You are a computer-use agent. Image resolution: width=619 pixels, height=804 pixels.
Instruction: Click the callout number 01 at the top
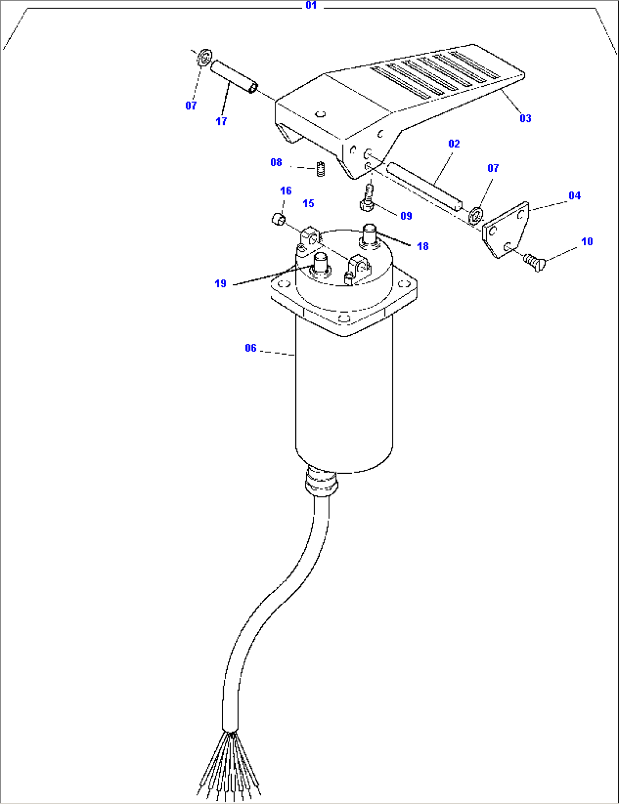coord(311,6)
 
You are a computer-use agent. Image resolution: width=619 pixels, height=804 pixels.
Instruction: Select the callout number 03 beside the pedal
coord(525,118)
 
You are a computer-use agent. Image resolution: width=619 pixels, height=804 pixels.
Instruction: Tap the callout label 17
coord(221,121)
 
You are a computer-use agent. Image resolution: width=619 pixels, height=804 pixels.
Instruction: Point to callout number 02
coord(454,144)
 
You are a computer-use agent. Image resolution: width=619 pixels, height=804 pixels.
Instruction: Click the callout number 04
coord(574,195)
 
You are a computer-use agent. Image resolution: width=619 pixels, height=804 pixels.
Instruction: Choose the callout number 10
coord(587,241)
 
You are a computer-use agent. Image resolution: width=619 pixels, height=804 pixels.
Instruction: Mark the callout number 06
coord(250,348)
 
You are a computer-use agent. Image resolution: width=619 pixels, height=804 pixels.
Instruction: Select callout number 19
coord(220,283)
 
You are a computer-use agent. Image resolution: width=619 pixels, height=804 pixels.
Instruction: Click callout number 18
coord(423,246)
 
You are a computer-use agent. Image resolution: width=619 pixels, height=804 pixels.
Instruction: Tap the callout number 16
coord(286,191)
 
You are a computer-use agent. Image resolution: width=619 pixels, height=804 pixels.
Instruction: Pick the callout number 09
coord(406,216)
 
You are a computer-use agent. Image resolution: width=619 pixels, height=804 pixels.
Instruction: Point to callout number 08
coord(276,163)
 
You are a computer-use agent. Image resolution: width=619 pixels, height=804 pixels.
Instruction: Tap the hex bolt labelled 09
coord(367,199)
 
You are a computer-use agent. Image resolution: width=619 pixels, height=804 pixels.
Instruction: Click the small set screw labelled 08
coord(321,169)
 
